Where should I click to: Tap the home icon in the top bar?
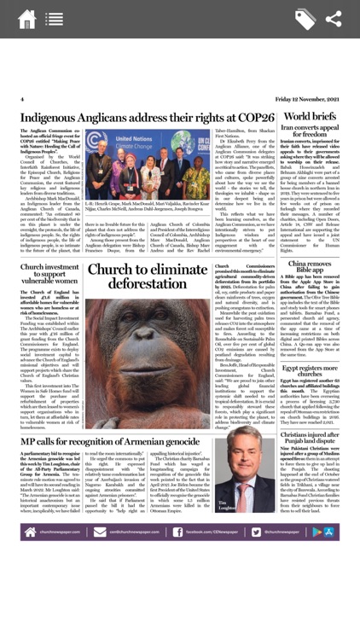point(26,19)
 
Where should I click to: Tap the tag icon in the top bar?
point(305,19)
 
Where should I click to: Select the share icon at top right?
point(334,19)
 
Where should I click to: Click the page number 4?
point(22,99)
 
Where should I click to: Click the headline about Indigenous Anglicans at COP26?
point(148,117)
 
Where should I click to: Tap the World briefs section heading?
point(310,116)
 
